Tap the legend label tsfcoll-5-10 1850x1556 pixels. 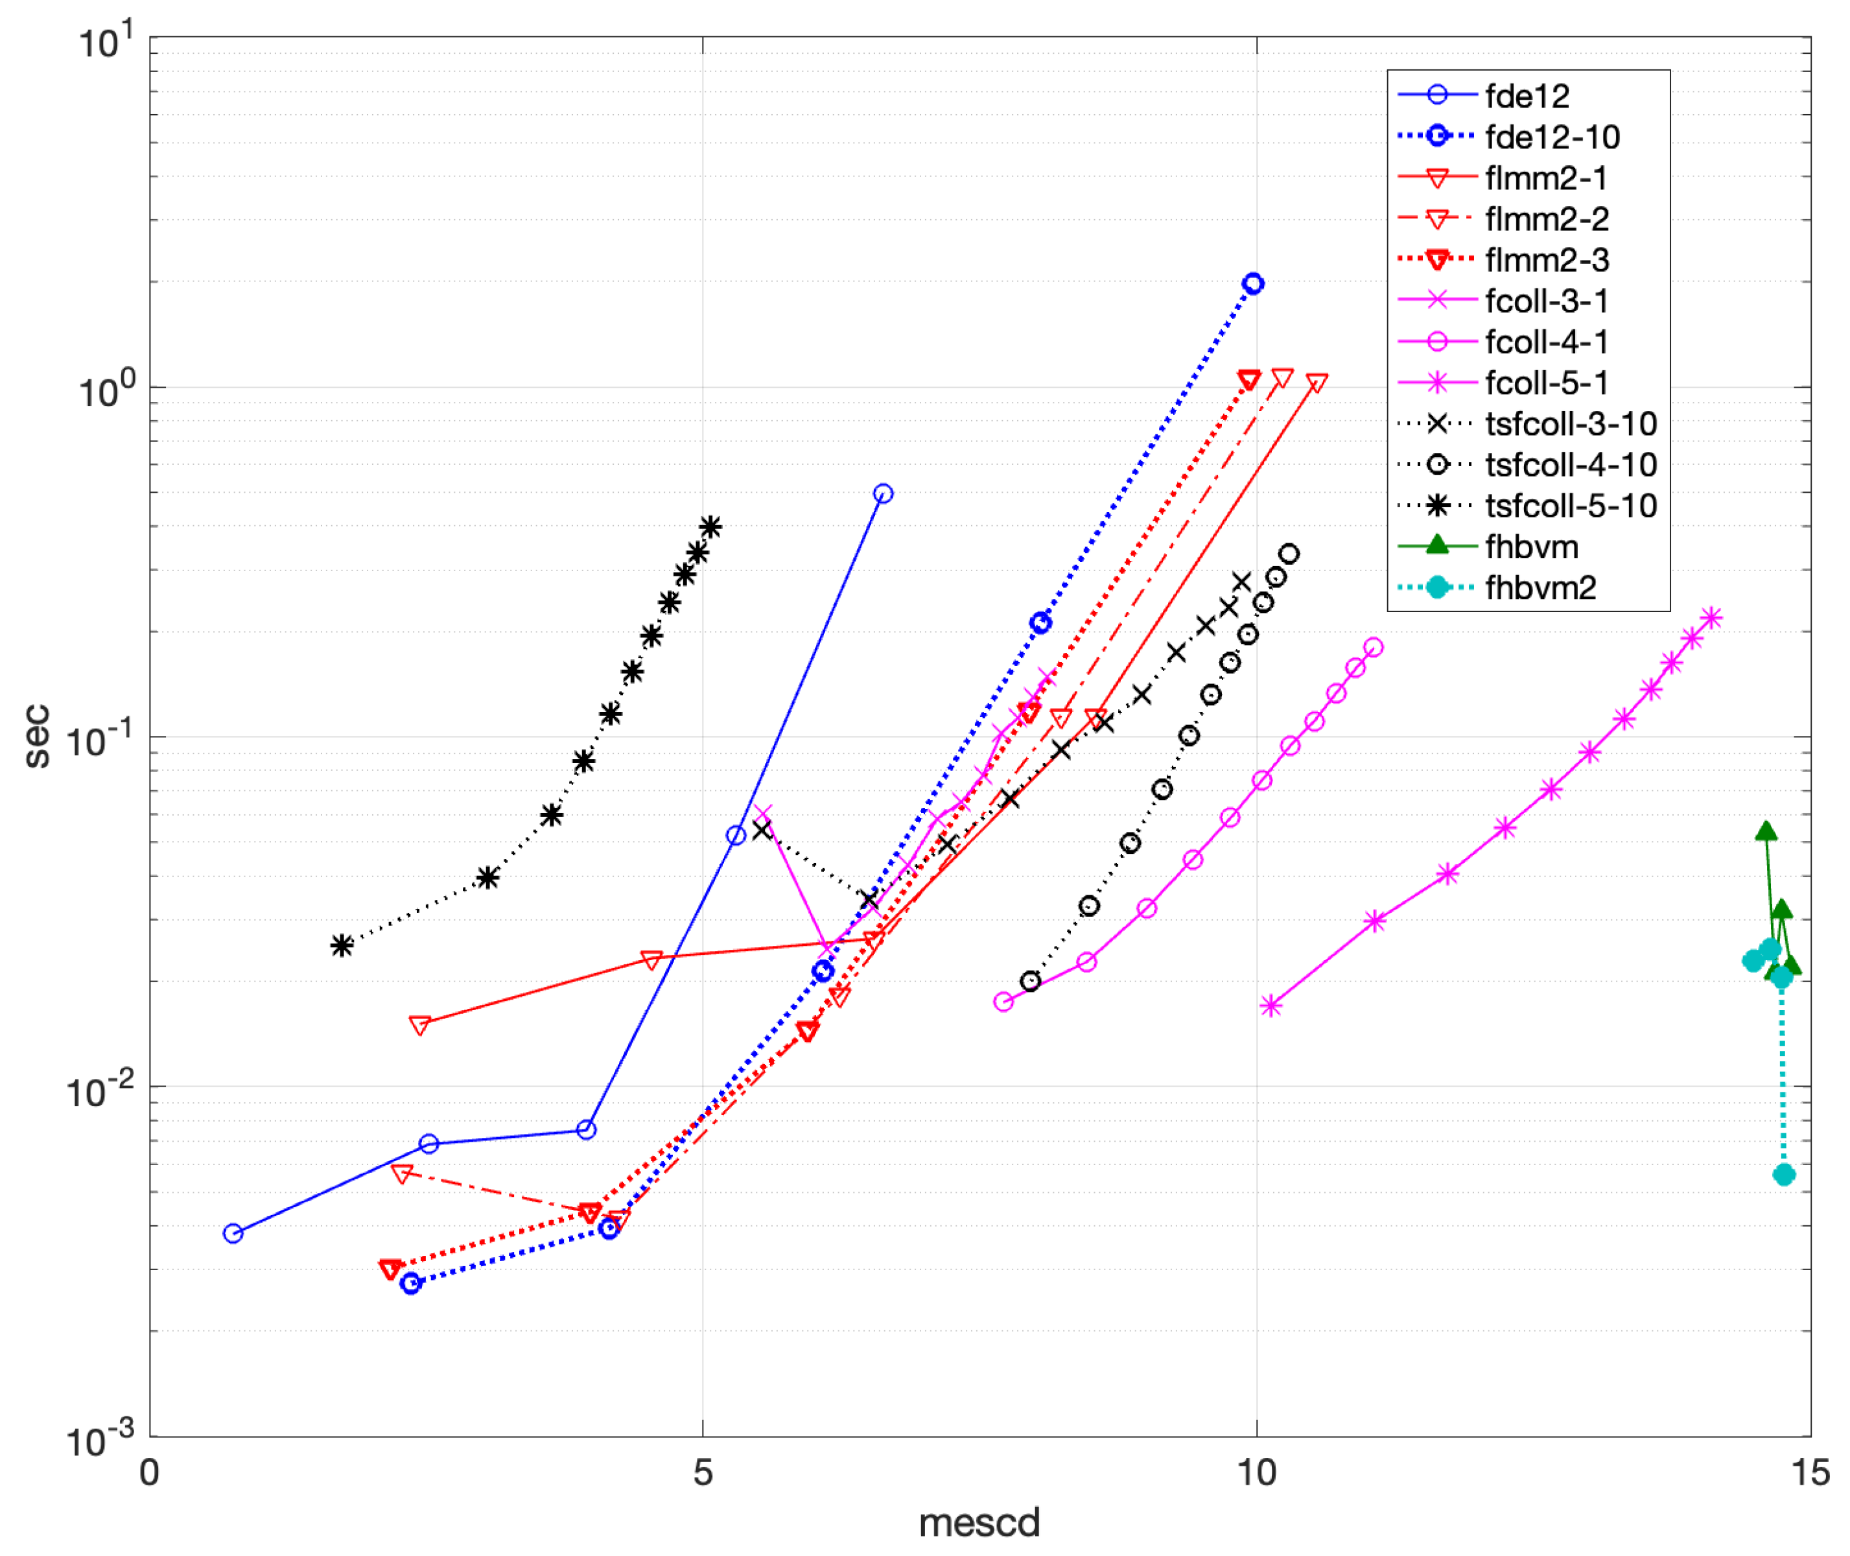pos(1569,506)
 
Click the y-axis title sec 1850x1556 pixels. pos(37,736)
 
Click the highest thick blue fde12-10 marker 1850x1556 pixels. pos(1253,284)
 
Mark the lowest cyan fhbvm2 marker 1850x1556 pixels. pos(1783,1175)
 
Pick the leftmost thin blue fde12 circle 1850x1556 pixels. pos(233,1233)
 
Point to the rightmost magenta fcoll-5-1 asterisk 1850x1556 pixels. pos(1711,619)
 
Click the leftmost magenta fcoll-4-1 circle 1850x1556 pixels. pos(1003,1002)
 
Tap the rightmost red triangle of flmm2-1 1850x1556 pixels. pos(1317,383)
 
